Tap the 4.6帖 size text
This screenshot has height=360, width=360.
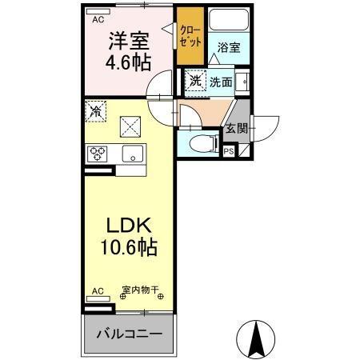129,62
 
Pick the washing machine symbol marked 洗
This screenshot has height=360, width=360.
195,80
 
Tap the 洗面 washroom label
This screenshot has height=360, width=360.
221,81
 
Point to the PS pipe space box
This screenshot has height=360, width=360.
229,150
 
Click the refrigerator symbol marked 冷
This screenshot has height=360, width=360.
95,110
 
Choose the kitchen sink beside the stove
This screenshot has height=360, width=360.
132,153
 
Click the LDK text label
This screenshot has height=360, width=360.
128,226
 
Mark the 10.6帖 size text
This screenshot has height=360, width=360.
129,247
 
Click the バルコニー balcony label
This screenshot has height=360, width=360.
130,334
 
